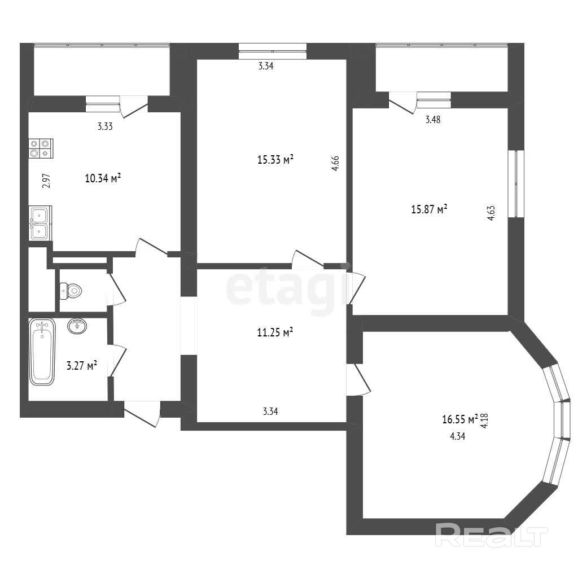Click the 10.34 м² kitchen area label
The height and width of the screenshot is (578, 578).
click(x=103, y=178)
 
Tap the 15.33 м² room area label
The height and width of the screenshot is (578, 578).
click(x=275, y=160)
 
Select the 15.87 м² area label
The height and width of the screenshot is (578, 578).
click(x=430, y=209)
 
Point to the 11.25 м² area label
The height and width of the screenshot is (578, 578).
click(x=275, y=332)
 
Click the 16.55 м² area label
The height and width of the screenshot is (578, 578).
click(x=460, y=419)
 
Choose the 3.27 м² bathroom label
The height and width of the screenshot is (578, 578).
click(x=82, y=366)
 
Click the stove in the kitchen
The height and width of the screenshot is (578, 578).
click(x=41, y=148)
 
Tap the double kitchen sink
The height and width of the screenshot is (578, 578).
click(x=40, y=224)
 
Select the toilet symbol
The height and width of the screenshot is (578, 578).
click(x=71, y=291)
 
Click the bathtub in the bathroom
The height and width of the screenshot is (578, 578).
click(x=42, y=352)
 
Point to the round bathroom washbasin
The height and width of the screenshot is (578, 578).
click(x=77, y=326)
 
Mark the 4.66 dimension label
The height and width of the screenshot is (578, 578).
click(x=335, y=163)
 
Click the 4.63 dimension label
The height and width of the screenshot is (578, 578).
click(x=491, y=213)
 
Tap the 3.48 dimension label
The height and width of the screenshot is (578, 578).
click(x=433, y=120)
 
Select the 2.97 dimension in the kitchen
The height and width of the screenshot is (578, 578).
click(x=46, y=181)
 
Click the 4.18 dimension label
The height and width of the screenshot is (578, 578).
click(x=484, y=421)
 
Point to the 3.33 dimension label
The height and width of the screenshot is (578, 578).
click(x=105, y=126)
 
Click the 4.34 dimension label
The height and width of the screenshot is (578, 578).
click(x=457, y=436)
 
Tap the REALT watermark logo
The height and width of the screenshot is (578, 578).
click(x=492, y=535)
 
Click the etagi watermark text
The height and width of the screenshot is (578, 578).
click(x=287, y=288)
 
